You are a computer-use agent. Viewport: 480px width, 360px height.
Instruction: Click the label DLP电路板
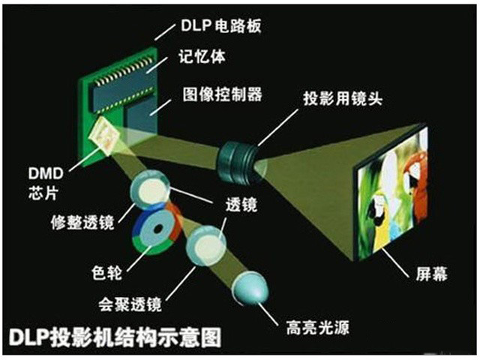pos(220,25)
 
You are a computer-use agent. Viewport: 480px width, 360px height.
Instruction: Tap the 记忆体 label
pos(202,57)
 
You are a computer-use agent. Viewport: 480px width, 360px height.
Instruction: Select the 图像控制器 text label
pos(223,94)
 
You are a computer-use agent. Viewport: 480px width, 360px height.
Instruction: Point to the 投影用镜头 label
pos(343,98)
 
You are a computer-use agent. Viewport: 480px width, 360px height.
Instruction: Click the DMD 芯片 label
pos(46,183)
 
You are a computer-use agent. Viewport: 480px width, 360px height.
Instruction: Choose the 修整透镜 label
pos(82,222)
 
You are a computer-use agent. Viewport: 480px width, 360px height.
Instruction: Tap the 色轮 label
pos(106,272)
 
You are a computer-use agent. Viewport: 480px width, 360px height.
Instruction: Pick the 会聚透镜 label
pos(130,304)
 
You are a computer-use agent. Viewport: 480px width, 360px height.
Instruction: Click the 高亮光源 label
pos(318,327)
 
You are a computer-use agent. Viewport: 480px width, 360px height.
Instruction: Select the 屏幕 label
pos(431,273)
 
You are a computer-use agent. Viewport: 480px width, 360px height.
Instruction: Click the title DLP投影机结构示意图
pos(115,337)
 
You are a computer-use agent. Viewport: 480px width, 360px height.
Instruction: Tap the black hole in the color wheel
pos(158,229)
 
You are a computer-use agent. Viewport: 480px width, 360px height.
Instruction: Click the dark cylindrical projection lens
pos(237,163)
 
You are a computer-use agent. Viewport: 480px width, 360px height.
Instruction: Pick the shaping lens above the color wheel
pos(150,190)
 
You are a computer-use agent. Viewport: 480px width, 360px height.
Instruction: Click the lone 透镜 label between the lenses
pos(241,204)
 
